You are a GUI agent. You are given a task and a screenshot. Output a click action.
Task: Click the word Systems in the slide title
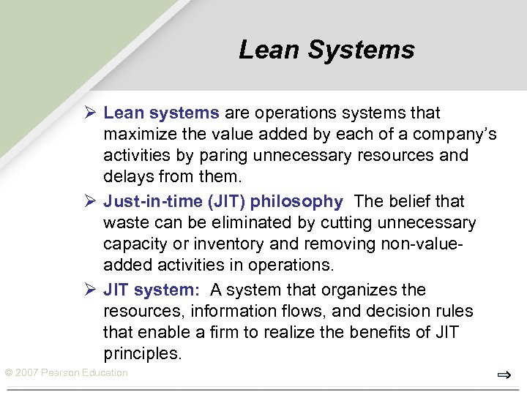click(x=361, y=50)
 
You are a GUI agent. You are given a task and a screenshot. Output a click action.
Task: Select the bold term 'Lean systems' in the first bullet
click(x=161, y=113)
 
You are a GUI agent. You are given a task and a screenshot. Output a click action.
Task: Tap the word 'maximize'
click(x=138, y=135)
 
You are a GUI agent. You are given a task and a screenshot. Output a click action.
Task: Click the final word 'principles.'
click(x=142, y=354)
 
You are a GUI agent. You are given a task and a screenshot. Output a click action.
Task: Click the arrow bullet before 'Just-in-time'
click(x=90, y=201)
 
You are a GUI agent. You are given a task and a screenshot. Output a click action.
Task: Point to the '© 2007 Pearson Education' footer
click(x=66, y=373)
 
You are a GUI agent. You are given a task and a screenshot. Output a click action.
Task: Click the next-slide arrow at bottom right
click(x=503, y=375)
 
